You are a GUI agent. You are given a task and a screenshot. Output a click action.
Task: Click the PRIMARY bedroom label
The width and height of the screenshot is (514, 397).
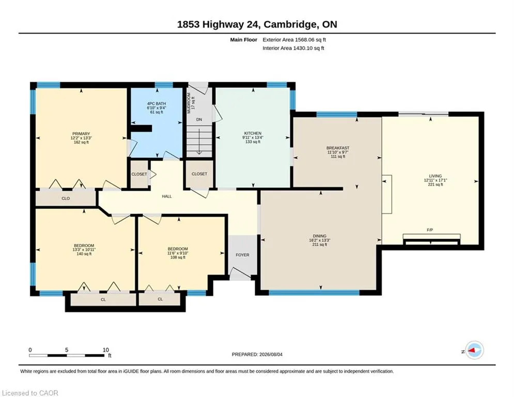pyautogui.click(x=81, y=134)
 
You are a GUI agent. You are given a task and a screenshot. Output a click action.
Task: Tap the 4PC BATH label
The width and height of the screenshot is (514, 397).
pyautogui.click(x=157, y=104)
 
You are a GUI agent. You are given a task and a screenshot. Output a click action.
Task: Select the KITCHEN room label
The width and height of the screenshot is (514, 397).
pyautogui.click(x=253, y=133)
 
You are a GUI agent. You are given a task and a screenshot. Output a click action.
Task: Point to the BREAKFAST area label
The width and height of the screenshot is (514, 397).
pyautogui.click(x=338, y=148)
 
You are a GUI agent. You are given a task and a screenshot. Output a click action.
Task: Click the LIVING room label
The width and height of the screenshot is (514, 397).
pyautogui.click(x=435, y=176)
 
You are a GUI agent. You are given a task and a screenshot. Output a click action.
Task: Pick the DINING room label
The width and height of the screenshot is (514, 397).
pyautogui.click(x=320, y=236)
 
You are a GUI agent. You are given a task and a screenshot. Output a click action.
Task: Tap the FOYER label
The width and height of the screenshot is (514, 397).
pyautogui.click(x=243, y=255)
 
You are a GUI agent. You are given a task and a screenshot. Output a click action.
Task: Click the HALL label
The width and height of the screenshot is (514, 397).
pyautogui.click(x=167, y=196)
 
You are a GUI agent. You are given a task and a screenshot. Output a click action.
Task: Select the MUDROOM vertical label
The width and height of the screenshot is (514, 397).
pyautogui.click(x=189, y=103)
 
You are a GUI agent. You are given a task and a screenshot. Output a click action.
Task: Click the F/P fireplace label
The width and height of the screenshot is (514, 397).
pyautogui.click(x=430, y=230)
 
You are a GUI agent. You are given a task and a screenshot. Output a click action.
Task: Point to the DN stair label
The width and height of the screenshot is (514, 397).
pyautogui.click(x=199, y=120)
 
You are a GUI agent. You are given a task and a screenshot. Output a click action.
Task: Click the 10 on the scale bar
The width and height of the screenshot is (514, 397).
pyautogui.click(x=105, y=350)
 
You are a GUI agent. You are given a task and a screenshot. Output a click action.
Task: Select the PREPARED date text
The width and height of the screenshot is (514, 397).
pyautogui.click(x=257, y=354)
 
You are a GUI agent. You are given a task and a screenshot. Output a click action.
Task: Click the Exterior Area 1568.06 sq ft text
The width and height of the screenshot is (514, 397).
pyautogui.click(x=294, y=40)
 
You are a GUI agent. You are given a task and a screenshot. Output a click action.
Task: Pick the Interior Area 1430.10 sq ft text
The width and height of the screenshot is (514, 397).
pyautogui.click(x=293, y=48)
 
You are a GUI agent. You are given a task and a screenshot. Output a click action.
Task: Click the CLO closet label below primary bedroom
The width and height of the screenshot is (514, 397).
pyautogui.click(x=66, y=198)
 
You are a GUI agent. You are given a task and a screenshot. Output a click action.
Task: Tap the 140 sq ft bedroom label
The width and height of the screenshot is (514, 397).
pyautogui.click(x=84, y=254)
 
